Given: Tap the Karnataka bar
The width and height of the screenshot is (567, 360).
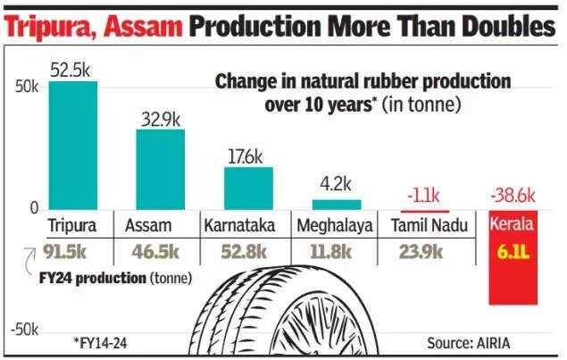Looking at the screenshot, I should pos(248,188).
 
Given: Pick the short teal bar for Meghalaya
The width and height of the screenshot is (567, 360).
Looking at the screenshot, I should pos(336,205).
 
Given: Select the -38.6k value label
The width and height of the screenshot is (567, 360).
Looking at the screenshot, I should pos(513,196).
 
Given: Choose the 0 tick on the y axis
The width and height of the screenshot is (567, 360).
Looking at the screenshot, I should pos(33,209).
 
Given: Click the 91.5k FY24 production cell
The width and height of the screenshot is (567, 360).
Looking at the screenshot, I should pos(73,251).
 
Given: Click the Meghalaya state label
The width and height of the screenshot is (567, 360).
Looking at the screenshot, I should pos(336,226).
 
